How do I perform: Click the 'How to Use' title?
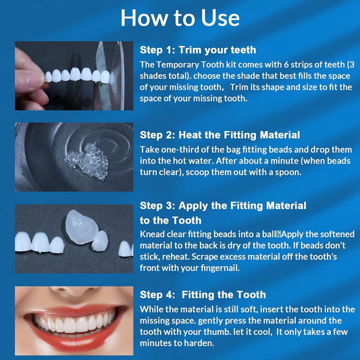click(x=180, y=18)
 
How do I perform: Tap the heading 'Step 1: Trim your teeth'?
click(x=198, y=50)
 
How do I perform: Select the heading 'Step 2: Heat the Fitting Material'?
click(x=220, y=135)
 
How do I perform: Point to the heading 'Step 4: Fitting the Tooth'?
click(x=203, y=294)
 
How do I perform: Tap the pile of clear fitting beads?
click(x=87, y=161)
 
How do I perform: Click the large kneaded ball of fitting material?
click(x=82, y=227)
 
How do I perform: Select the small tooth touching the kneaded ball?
click(x=100, y=241)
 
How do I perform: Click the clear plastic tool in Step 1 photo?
click(x=109, y=76)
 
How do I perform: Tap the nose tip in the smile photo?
click(x=74, y=290)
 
